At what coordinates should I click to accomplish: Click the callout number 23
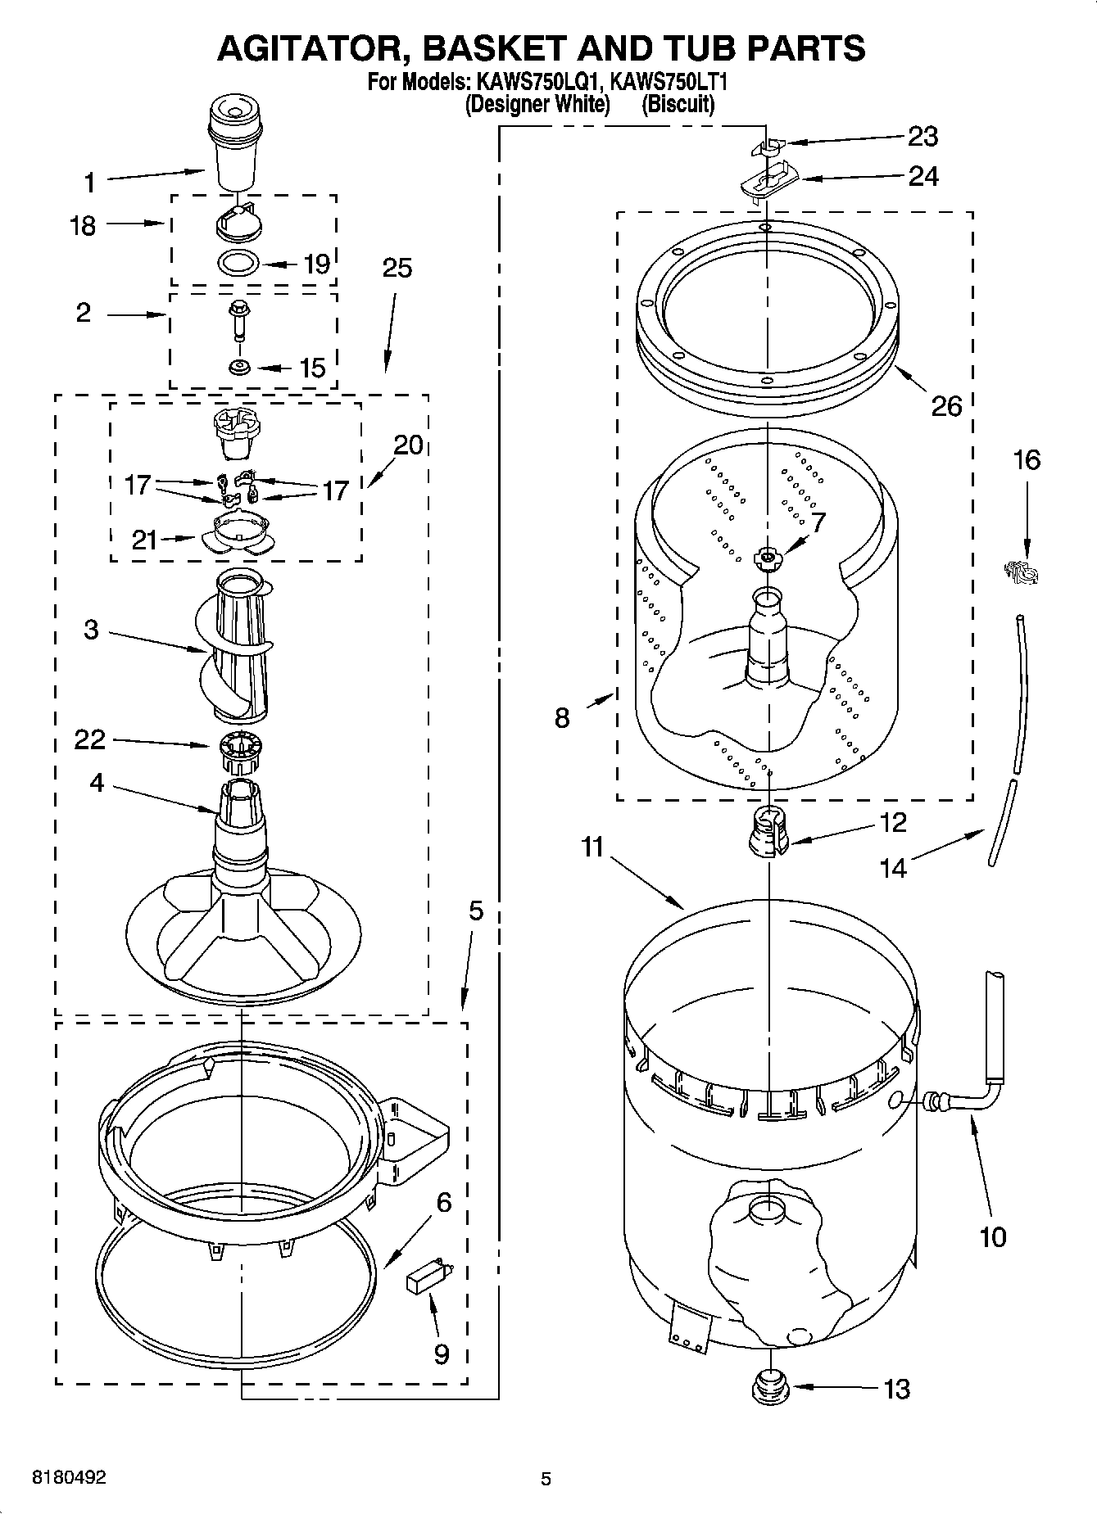click(923, 136)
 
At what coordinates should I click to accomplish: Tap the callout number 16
click(1027, 460)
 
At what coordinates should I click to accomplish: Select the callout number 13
click(897, 1389)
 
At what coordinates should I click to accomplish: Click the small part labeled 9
click(428, 1277)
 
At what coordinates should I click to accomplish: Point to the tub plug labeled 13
click(769, 1387)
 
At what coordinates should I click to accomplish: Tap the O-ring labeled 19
click(239, 264)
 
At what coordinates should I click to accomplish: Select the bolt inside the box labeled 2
click(238, 319)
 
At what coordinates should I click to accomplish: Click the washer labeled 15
click(239, 366)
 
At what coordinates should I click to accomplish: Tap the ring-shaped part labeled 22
click(241, 751)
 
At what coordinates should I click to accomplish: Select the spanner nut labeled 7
click(767, 558)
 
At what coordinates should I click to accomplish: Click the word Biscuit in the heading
click(677, 105)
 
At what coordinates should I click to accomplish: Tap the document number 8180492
click(68, 1478)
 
